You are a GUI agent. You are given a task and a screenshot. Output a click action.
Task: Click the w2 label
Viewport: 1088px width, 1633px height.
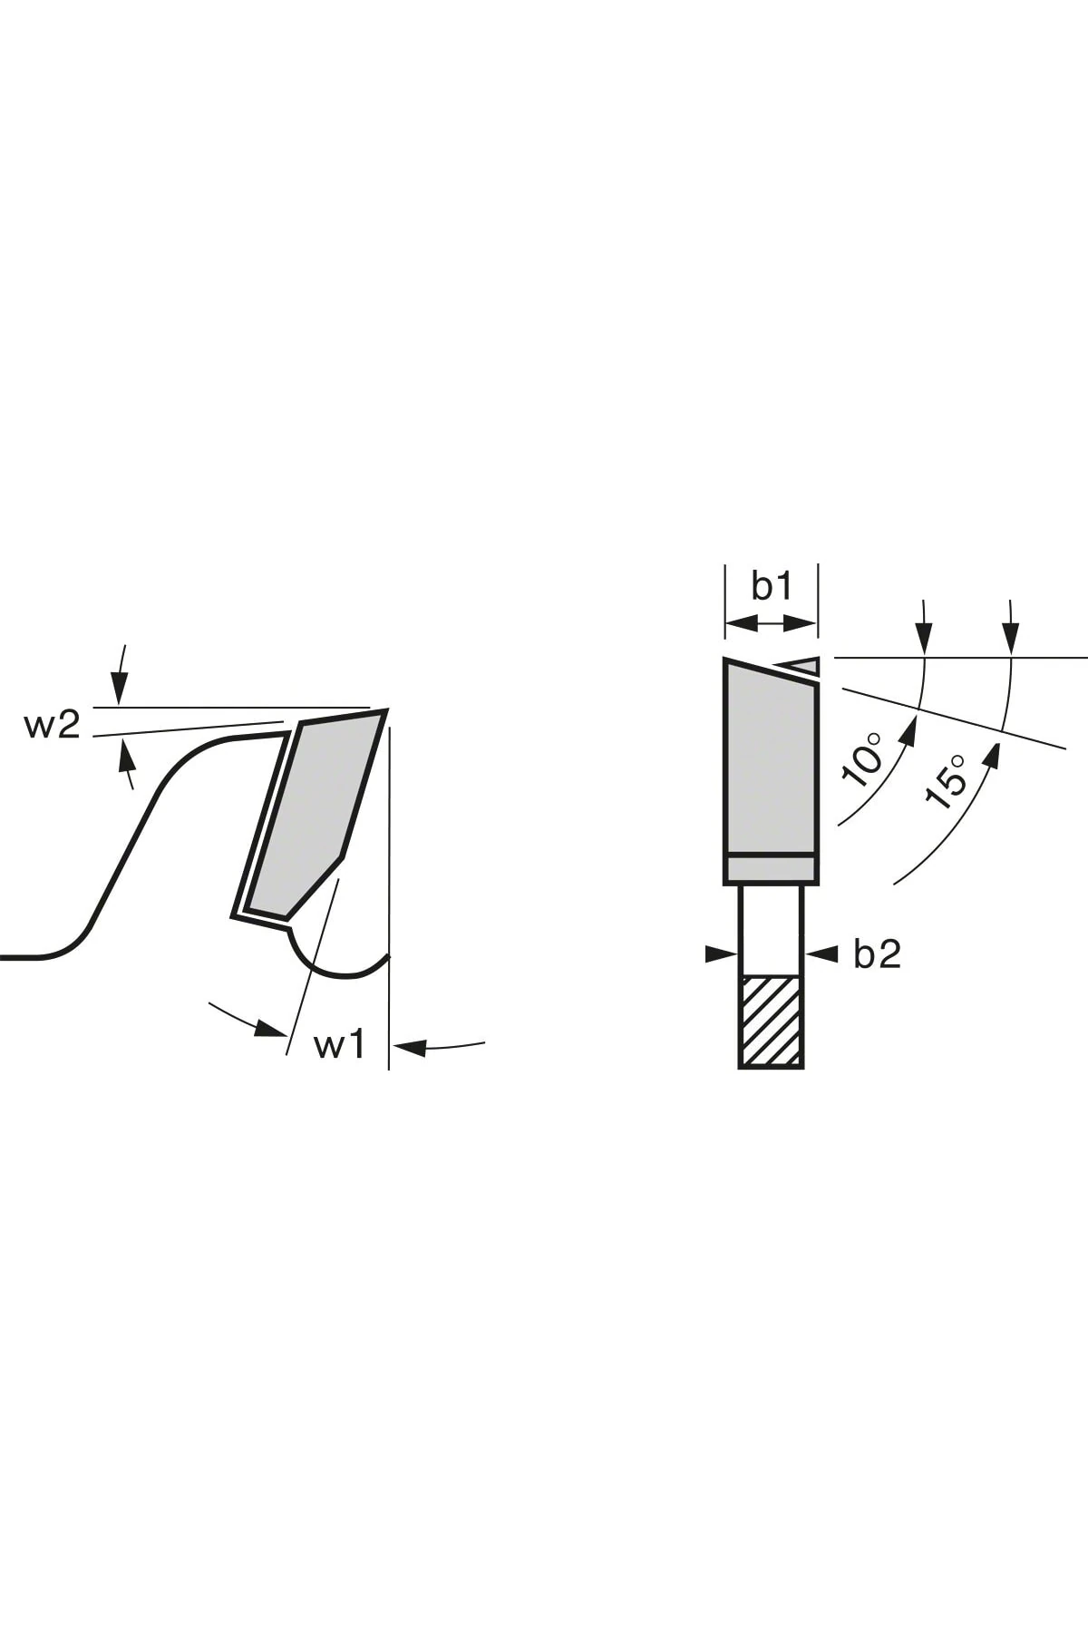[x=52, y=725]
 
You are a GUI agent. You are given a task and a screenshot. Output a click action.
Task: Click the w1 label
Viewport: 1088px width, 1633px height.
[x=339, y=1044]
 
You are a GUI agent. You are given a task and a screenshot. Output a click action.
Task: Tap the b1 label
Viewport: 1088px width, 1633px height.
[x=772, y=587]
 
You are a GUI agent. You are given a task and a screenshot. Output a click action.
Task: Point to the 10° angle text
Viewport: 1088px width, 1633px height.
[x=862, y=758]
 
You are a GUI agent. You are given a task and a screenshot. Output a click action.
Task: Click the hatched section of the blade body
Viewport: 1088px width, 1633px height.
[x=771, y=1022]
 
